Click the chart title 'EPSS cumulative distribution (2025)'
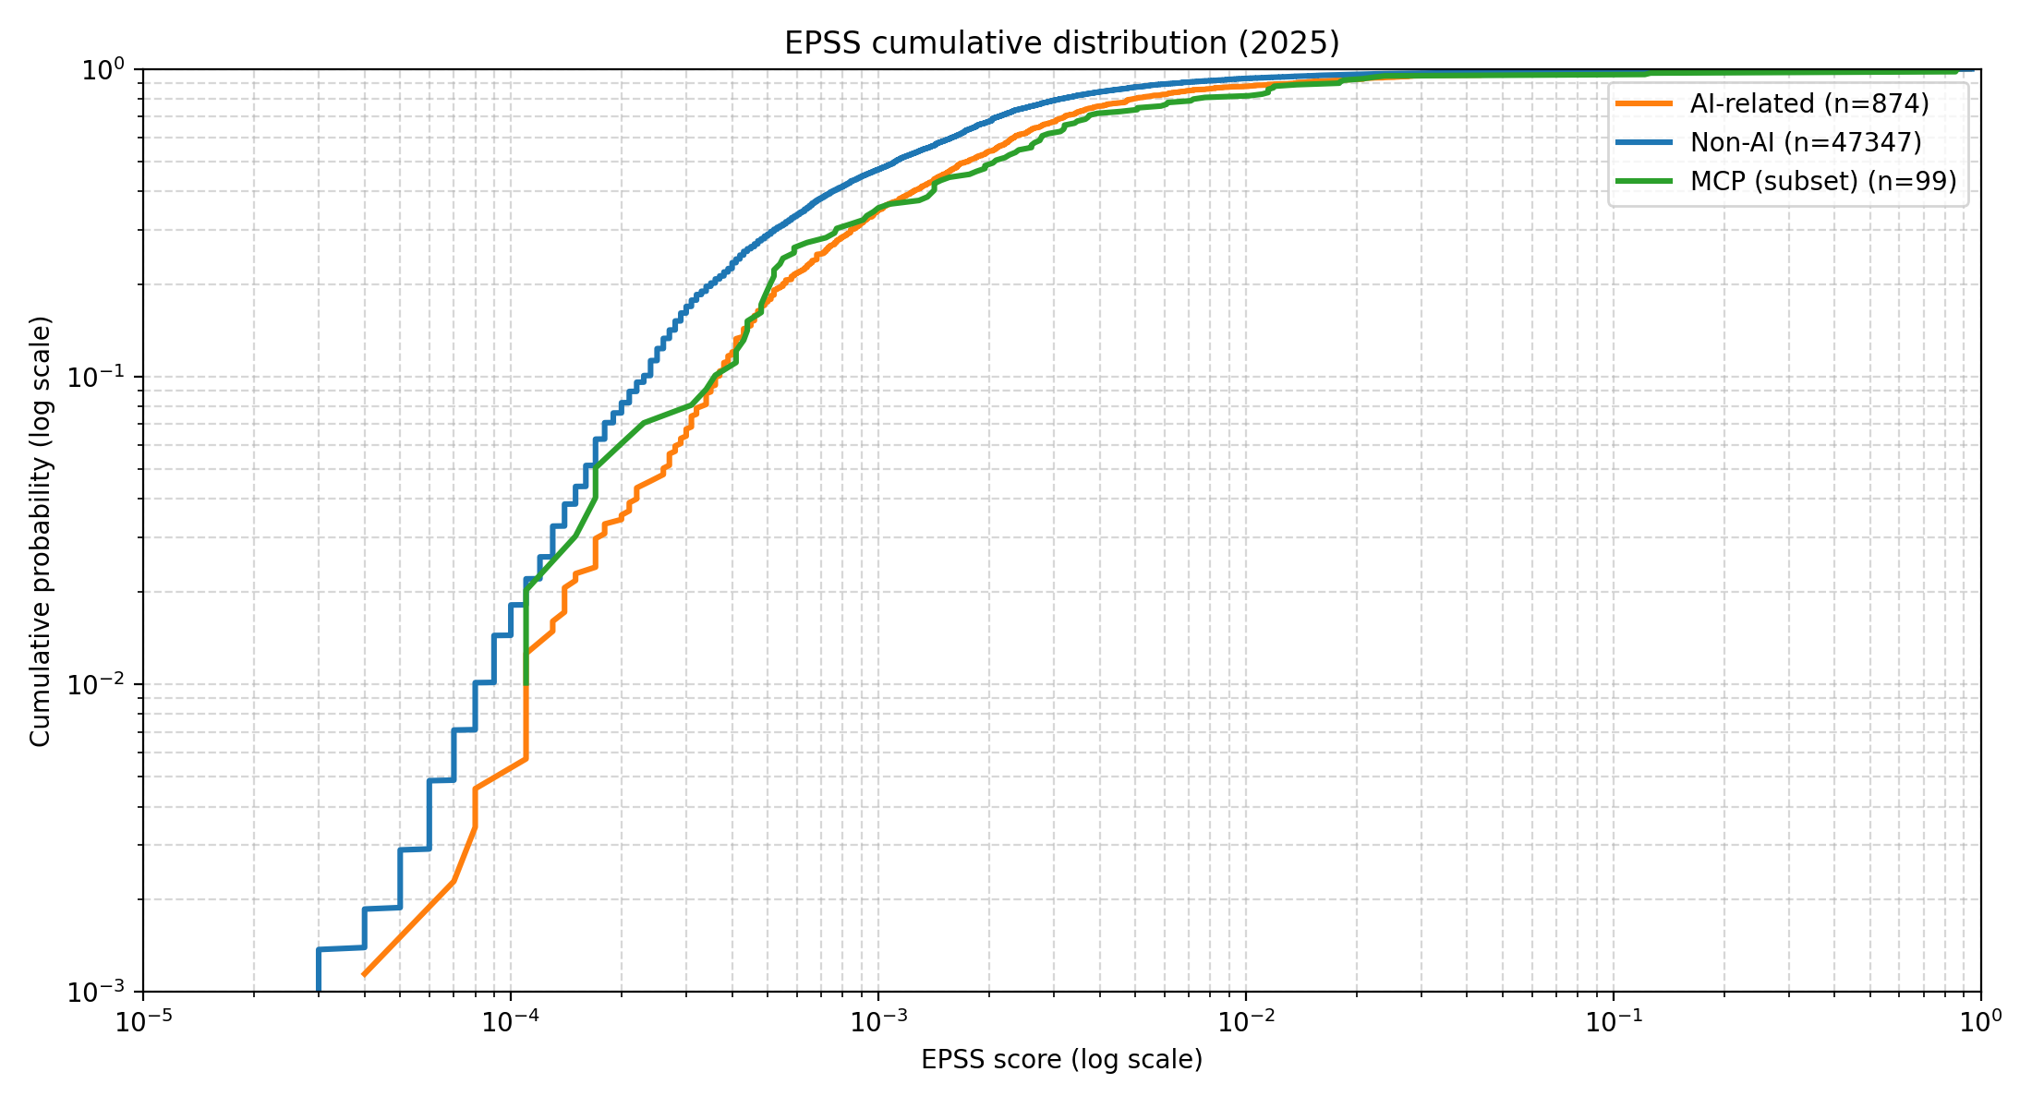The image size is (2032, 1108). click(x=1061, y=43)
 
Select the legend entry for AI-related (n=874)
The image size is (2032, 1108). click(x=1809, y=103)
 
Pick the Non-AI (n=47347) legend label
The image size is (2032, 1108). click(x=1806, y=142)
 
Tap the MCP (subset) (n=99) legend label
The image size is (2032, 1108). click(x=1823, y=181)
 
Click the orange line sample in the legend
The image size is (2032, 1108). click(x=1644, y=103)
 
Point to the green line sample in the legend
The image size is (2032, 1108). click(x=1644, y=181)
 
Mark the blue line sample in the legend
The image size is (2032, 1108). click(x=1644, y=142)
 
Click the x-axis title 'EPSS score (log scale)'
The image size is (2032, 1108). click(x=1061, y=1059)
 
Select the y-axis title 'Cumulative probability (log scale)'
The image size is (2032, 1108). click(x=41, y=531)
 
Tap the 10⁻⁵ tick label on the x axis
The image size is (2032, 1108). click(x=143, y=1020)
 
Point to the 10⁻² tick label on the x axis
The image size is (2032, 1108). click(x=1246, y=1020)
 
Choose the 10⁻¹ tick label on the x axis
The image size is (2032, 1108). click(x=1614, y=1020)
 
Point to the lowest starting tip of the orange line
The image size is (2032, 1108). click(x=364, y=974)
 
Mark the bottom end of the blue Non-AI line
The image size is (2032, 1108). click(x=318, y=991)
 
